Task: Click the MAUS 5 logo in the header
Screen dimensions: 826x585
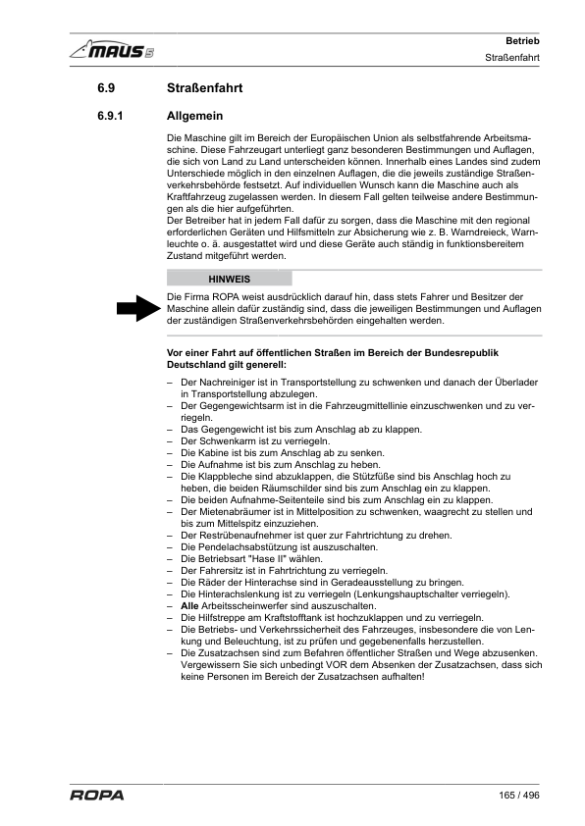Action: (x=111, y=49)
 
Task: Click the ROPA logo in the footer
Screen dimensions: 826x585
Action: (x=96, y=795)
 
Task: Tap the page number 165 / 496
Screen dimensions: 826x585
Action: (x=520, y=795)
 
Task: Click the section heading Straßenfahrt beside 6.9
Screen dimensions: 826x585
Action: (x=205, y=89)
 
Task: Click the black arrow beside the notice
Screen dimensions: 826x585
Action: (x=137, y=309)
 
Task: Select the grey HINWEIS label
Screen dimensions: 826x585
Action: (x=230, y=279)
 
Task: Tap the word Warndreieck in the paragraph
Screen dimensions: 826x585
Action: (x=474, y=232)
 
